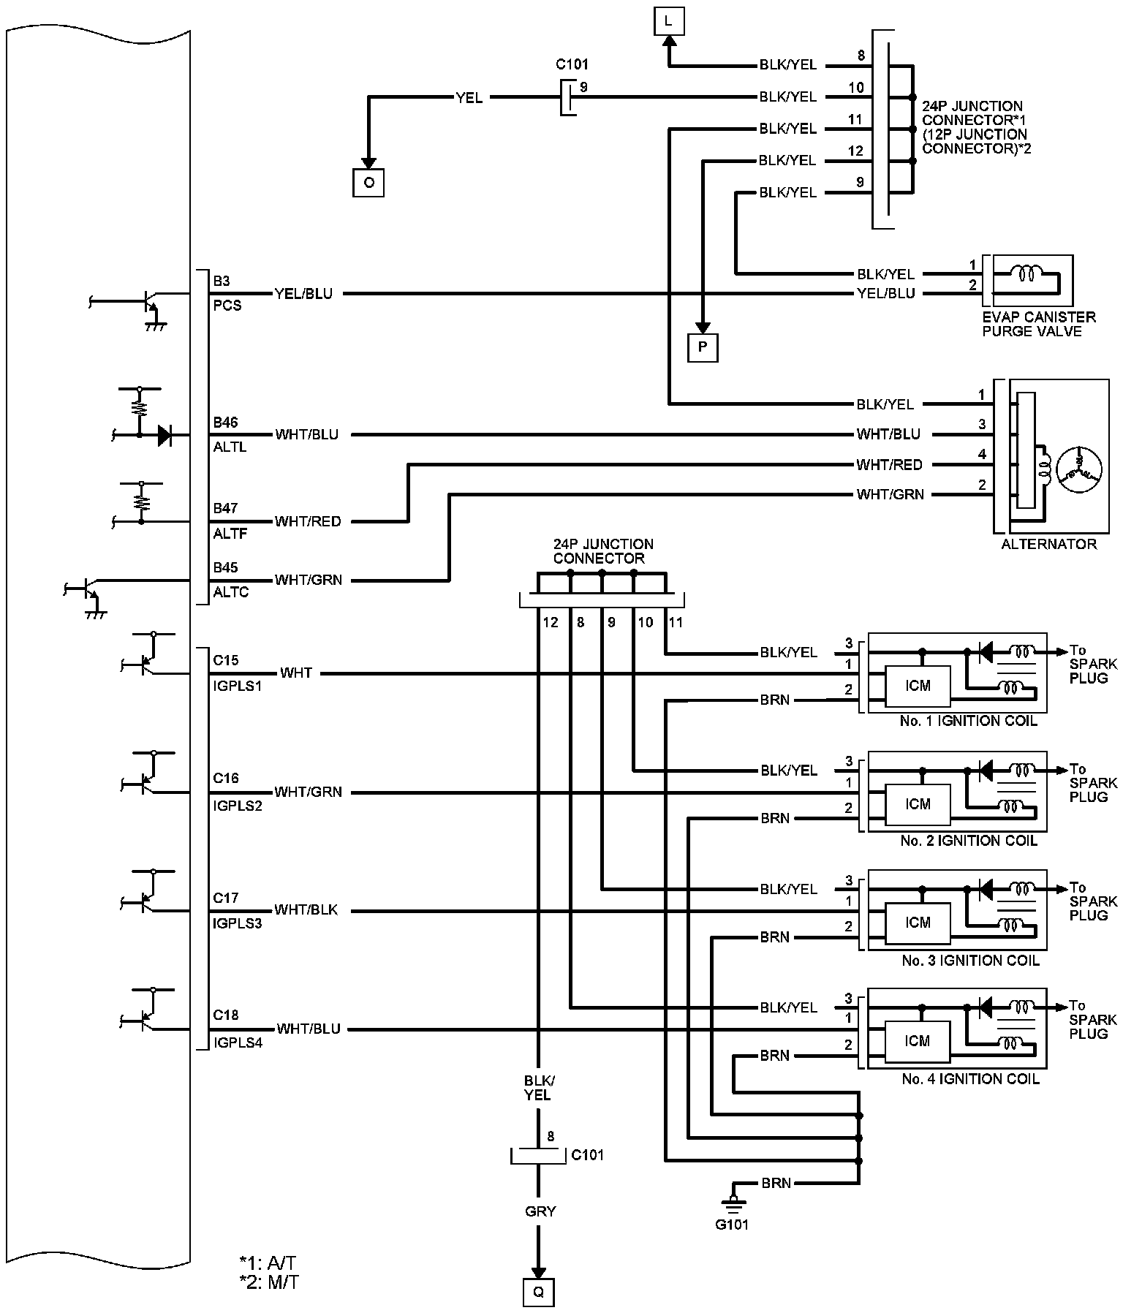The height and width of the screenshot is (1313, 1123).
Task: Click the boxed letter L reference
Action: pos(668,22)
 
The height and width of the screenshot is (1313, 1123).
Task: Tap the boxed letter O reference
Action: pos(368,182)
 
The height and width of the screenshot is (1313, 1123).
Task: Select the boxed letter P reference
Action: pos(703,347)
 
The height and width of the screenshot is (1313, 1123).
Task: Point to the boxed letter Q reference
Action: pos(538,1292)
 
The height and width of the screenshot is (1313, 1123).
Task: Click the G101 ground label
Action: pos(732,1225)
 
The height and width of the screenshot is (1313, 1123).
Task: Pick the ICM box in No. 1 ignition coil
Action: pos(918,686)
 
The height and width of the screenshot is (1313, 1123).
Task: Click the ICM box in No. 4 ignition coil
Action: pos(918,1041)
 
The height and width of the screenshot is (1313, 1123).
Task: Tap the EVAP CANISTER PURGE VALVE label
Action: pos(1038,324)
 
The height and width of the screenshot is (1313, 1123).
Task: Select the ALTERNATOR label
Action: pos(1048,544)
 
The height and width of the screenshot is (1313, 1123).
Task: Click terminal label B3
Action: pos(222,281)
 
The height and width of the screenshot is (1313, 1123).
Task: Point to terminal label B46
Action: pos(225,423)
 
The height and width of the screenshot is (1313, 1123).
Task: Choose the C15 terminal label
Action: pos(225,660)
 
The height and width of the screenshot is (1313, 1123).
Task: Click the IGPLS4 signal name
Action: pos(238,1043)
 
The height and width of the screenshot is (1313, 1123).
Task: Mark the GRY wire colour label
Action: pos(540,1211)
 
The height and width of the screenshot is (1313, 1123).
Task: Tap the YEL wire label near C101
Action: pos(469,97)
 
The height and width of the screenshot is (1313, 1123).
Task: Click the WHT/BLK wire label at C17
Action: pos(306,910)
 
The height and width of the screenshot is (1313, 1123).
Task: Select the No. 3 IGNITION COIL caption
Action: pos(970,960)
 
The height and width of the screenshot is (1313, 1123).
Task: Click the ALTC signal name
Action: pos(231,592)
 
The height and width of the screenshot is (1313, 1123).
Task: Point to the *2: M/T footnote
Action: pos(268,1283)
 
